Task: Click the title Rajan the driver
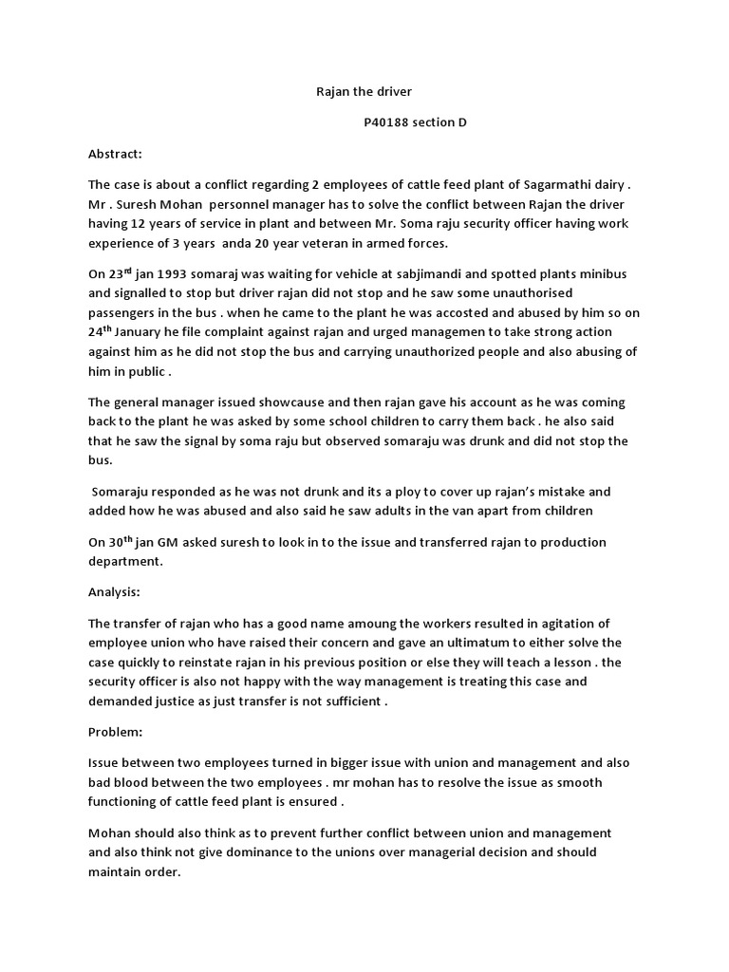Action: tap(364, 93)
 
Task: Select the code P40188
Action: tap(386, 123)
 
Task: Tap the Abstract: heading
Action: tap(115, 154)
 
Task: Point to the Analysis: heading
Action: tap(114, 591)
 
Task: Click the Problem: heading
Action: tap(113, 733)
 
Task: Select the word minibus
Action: tap(601, 274)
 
